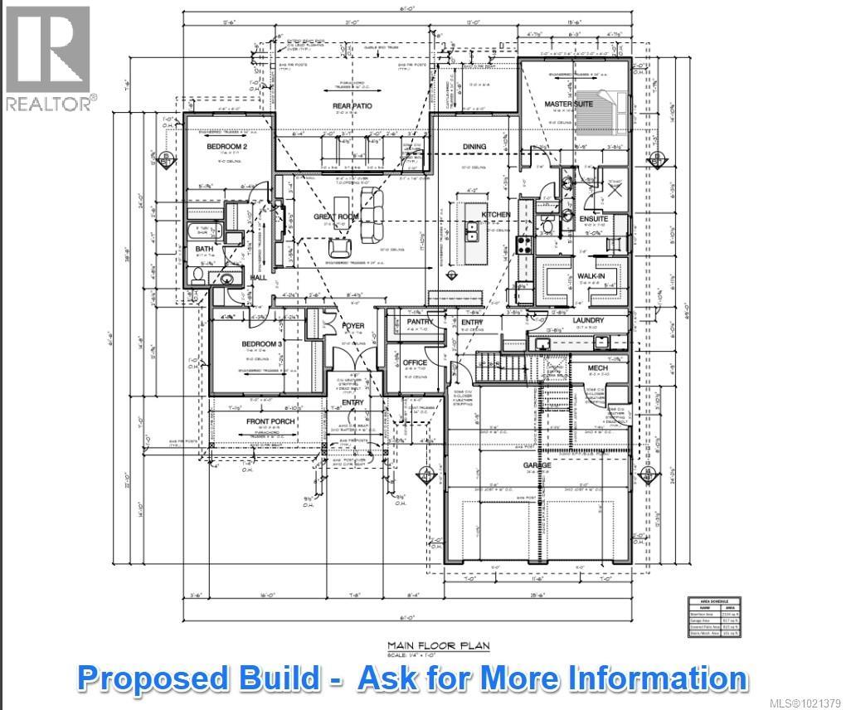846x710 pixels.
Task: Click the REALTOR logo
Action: (48, 58)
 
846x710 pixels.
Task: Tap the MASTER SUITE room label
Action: (568, 105)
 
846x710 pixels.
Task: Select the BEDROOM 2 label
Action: (227, 147)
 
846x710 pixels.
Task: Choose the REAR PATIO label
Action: (352, 106)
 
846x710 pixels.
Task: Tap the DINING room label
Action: (474, 147)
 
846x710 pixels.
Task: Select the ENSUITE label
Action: (594, 219)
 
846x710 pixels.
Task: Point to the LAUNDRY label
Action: (588, 320)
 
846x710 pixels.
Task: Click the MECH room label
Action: (597, 367)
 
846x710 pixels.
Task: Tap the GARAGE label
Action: (537, 465)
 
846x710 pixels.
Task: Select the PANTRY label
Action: (421, 321)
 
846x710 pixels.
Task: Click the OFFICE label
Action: (415, 362)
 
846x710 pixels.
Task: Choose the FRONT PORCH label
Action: (270, 421)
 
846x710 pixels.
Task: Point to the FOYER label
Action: (353, 326)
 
